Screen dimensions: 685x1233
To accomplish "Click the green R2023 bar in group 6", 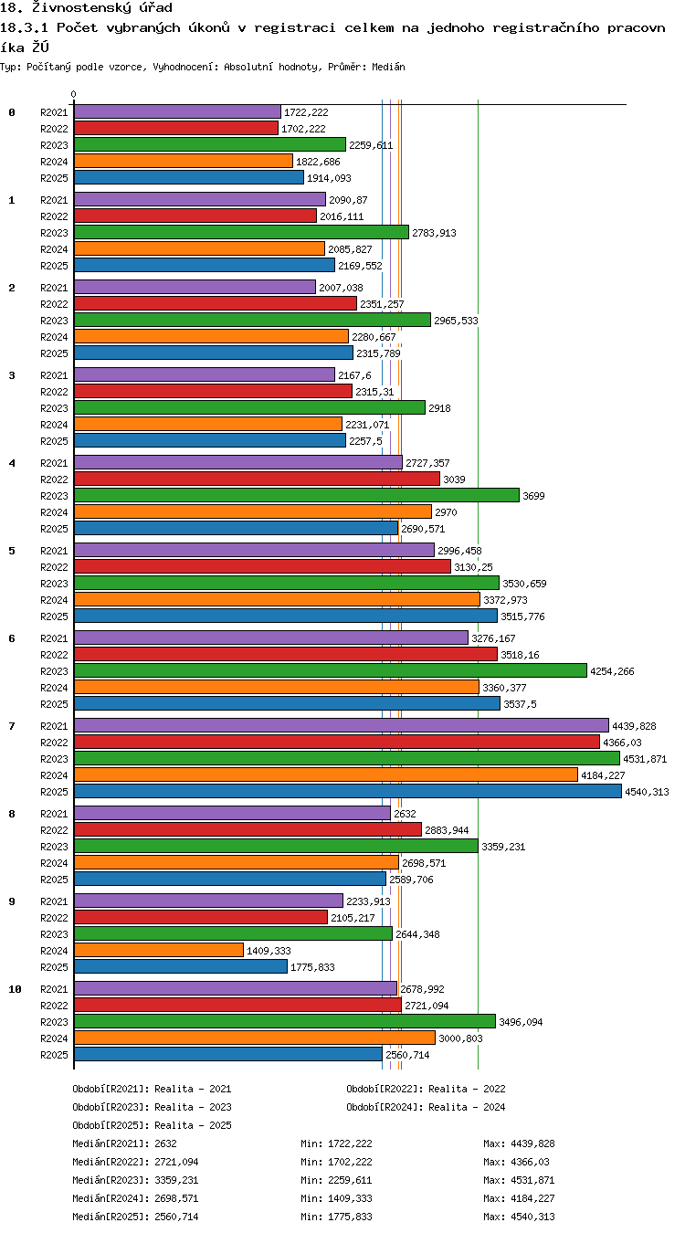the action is [x=331, y=670].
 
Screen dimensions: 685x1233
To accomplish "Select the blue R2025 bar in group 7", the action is [x=348, y=791].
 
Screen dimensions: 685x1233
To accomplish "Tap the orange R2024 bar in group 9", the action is [x=159, y=950].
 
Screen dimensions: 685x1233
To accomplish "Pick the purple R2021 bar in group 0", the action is [x=177, y=111].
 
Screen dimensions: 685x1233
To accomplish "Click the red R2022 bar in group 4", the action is [x=258, y=479].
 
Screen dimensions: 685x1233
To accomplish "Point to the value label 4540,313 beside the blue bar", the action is [x=647, y=792].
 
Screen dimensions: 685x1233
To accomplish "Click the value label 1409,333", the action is [x=269, y=951].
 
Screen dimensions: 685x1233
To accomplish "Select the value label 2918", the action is [x=439, y=408].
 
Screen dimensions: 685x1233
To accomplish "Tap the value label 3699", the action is [x=533, y=496].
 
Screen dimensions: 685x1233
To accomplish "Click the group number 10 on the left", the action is [x=15, y=989].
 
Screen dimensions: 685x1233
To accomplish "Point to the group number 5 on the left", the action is [x=12, y=551].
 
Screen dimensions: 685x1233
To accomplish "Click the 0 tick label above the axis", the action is [x=74, y=94].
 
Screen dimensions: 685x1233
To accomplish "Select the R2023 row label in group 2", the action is [x=54, y=321].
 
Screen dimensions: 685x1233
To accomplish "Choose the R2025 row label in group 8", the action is [x=54, y=880].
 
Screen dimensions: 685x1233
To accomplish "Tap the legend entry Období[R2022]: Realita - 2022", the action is [x=426, y=1089].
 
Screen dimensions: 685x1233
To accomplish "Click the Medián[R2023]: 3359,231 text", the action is [x=135, y=1180].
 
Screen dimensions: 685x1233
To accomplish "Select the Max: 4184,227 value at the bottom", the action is [x=520, y=1198].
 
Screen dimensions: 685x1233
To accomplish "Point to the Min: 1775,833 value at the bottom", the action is [x=336, y=1217].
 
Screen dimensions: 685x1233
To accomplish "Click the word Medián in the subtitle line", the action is [x=388, y=68].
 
